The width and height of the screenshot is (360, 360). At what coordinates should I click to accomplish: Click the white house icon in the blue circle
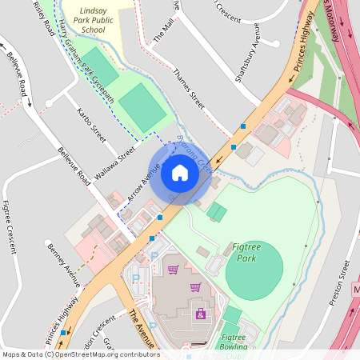[x=180, y=173]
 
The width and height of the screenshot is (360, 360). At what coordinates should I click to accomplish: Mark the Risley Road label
[x=44, y=18]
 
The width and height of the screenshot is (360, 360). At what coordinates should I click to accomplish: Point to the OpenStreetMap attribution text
[x=80, y=354]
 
